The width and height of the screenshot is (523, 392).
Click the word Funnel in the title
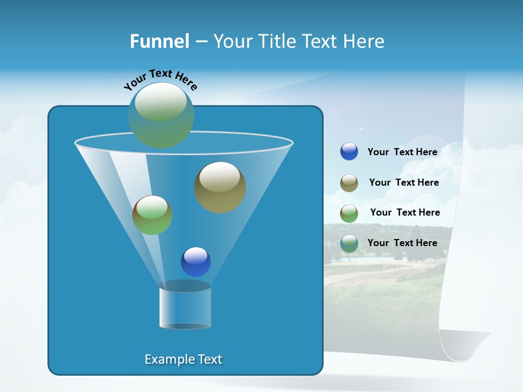click(160, 41)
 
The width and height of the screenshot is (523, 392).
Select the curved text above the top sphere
click(161, 79)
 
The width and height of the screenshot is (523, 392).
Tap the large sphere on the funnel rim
click(161, 115)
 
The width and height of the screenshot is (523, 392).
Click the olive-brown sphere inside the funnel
click(220, 187)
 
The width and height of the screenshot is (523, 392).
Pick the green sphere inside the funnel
click(153, 215)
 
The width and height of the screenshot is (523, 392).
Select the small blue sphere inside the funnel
click(196, 262)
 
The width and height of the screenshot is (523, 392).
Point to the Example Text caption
click(184, 359)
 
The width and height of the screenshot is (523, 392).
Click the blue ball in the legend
click(349, 152)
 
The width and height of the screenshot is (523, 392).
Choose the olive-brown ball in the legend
click(349, 183)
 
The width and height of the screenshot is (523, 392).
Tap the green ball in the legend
click(349, 213)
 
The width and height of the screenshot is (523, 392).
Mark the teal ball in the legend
click(349, 243)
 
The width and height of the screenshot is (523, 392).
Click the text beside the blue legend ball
click(402, 152)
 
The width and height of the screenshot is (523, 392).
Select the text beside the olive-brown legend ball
click(404, 183)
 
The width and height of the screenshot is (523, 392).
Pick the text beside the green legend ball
click(405, 213)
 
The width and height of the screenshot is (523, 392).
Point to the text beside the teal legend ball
click(402, 243)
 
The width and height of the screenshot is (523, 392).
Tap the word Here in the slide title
click(364, 41)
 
